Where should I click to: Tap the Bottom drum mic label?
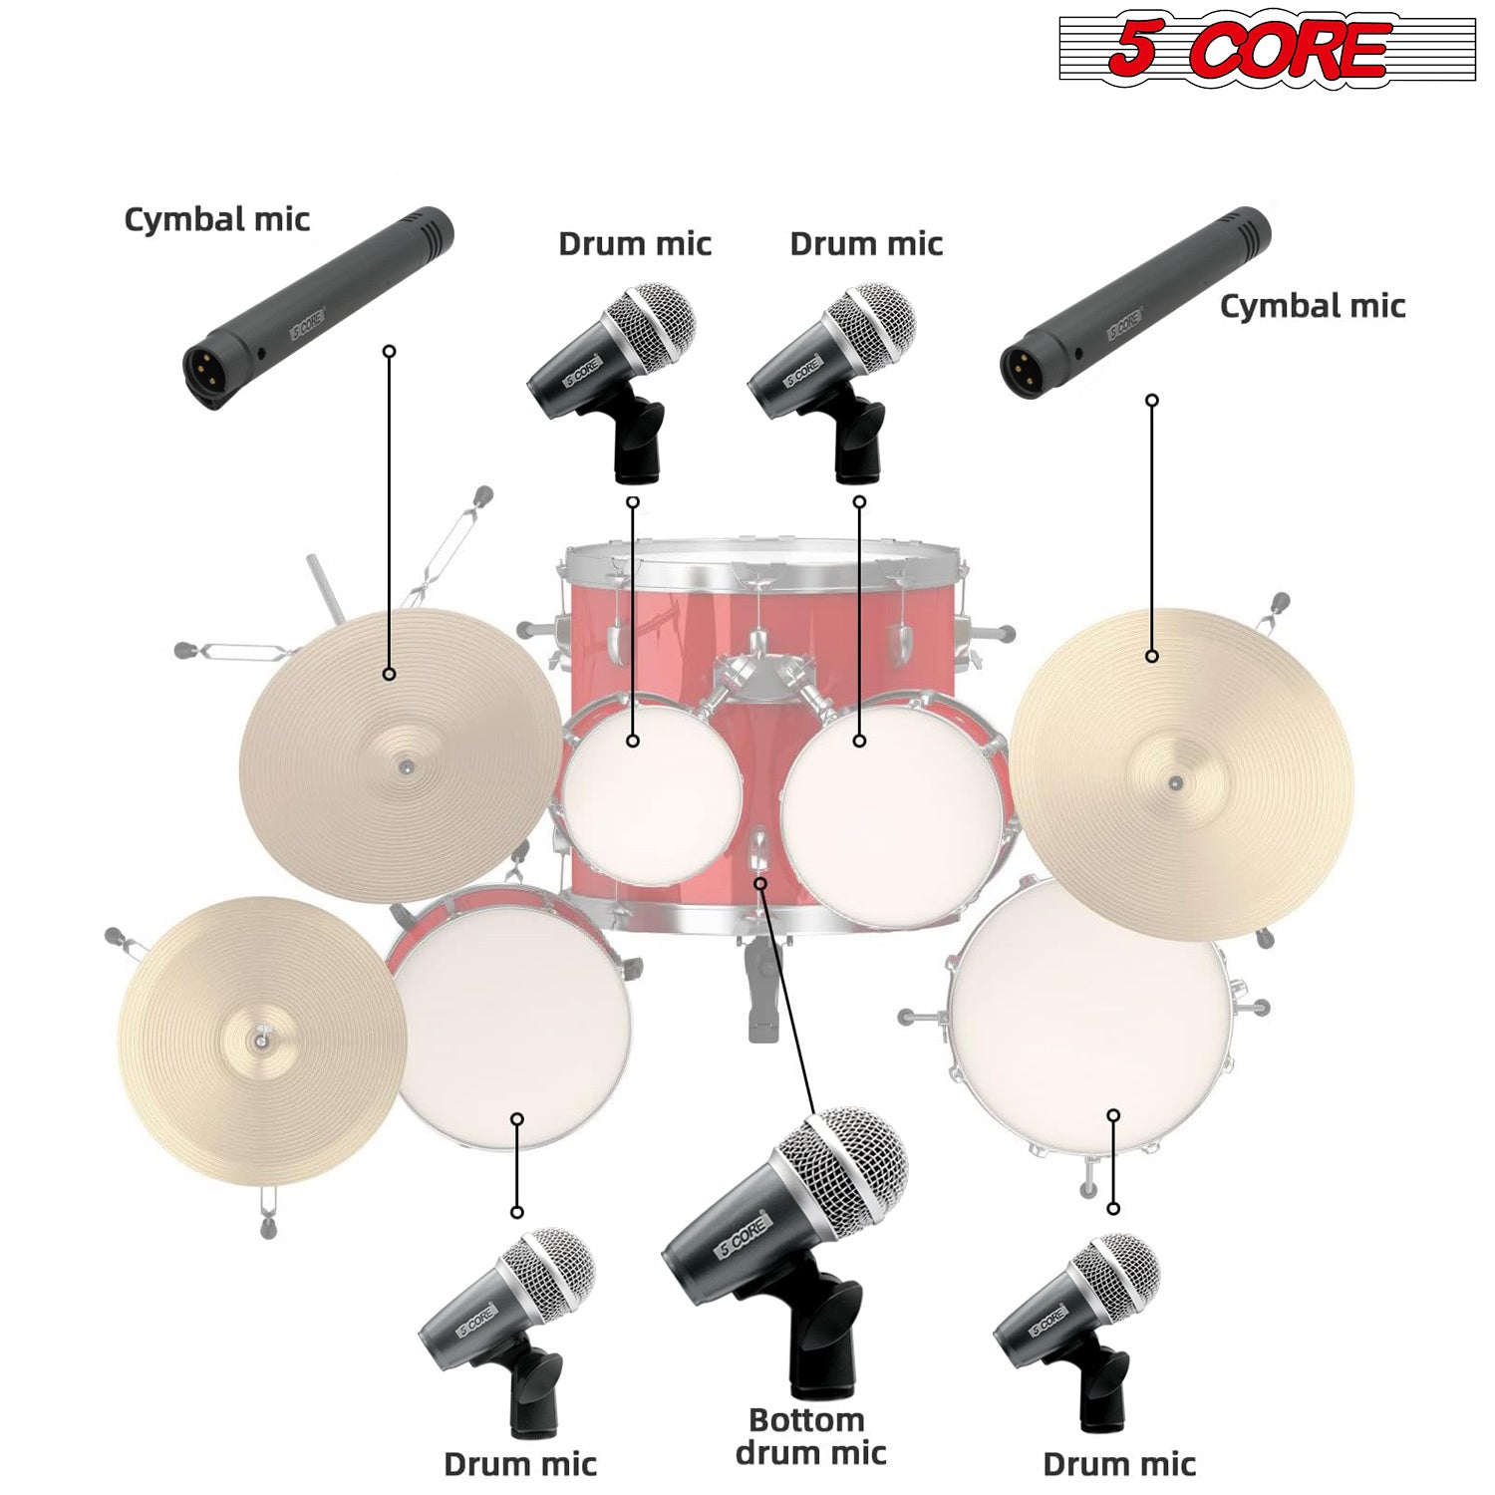tap(810, 1436)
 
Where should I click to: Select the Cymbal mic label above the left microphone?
tap(217, 220)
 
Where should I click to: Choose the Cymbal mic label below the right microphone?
tap(1313, 306)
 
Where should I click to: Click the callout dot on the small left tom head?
tap(633, 741)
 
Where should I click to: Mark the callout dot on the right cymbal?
tap(1152, 656)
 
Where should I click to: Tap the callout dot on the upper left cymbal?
tap(390, 675)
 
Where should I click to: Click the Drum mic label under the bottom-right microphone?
tap(1119, 1464)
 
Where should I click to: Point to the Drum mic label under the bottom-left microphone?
tap(520, 1464)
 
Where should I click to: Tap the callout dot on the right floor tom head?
tap(1113, 1115)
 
